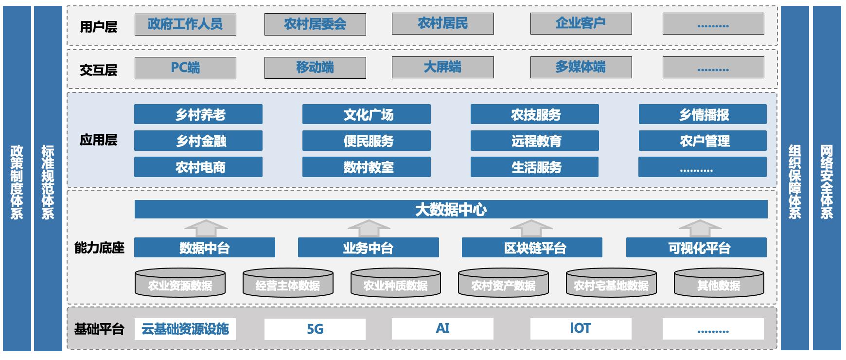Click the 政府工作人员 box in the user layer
pos(185,24)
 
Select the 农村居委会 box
pos(315,24)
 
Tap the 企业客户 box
pos(581,23)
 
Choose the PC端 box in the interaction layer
pos(185,68)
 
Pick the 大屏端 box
pos(442,67)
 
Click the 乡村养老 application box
pos(198,114)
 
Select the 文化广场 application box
pos(366,114)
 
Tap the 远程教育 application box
pos(534,141)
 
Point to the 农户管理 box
pos(703,141)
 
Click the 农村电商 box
pos(198,167)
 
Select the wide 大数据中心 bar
pos(451,209)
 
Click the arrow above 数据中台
pos(206,228)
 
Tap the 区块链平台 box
pos(532,248)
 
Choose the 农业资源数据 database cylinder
pos(180,284)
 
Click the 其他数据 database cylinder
pos(719,284)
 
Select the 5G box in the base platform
pos(315,329)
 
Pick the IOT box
pos(581,328)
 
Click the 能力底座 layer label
pos(99,248)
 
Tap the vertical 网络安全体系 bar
pos(827,178)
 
